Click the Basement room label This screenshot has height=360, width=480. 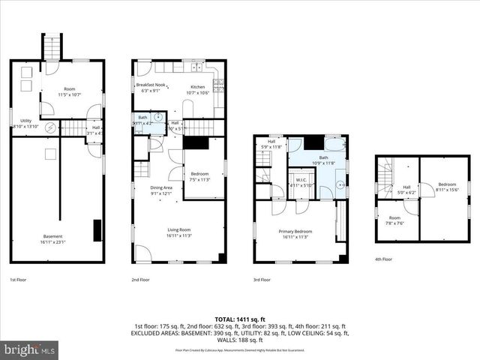point(52,238)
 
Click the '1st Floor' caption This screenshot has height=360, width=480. point(19,280)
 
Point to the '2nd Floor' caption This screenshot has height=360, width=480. point(141,280)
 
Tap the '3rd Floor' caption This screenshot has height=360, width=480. point(263,280)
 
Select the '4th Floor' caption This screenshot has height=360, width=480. point(383,259)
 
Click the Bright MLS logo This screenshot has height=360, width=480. point(30,349)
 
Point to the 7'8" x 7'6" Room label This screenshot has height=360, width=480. point(394,220)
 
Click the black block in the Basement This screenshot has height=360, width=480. point(97,230)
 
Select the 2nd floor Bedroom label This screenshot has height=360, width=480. point(199,176)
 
